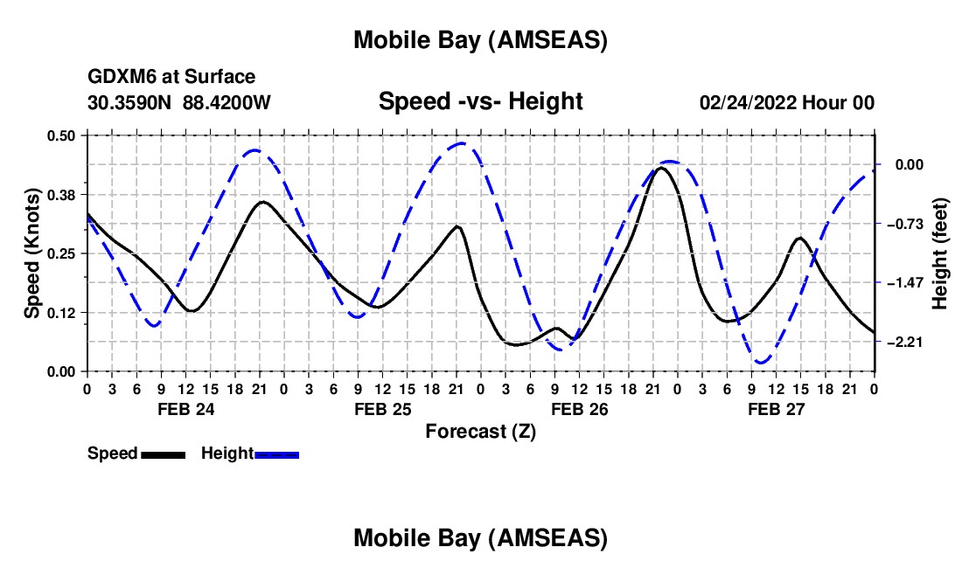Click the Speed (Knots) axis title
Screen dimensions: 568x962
(31, 253)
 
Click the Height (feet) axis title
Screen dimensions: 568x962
(940, 253)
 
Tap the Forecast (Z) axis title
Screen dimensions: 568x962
(480, 431)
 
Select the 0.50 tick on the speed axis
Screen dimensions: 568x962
(62, 135)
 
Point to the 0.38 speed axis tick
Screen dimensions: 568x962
(62, 194)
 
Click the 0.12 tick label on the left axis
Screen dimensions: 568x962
(62, 313)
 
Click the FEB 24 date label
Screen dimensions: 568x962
(185, 409)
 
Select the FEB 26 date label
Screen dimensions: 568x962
(579, 409)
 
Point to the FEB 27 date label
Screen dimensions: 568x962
(776, 409)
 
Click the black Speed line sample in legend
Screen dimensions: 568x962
(163, 454)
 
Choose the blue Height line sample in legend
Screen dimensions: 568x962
(277, 454)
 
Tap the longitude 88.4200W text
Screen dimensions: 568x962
(227, 102)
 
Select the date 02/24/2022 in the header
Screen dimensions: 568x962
(748, 102)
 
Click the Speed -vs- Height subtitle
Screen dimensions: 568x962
(480, 101)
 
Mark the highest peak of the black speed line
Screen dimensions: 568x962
(661, 167)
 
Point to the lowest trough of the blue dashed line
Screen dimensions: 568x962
(761, 362)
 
